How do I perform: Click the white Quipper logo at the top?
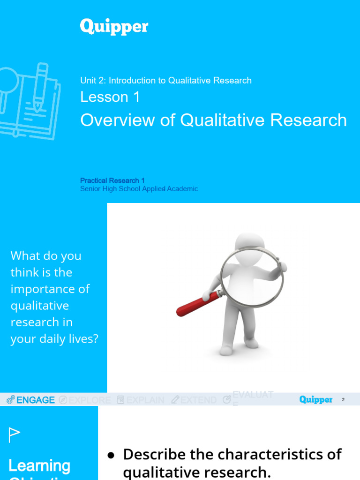[114, 27]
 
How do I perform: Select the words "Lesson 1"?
[110, 97]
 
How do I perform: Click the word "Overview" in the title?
[114, 120]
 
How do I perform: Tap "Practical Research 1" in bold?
[112, 180]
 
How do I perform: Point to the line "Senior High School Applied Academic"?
[139, 189]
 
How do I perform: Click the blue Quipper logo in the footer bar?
[316, 400]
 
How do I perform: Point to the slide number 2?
[343, 400]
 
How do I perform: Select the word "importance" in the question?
[50, 289]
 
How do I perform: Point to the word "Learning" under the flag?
[39, 465]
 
